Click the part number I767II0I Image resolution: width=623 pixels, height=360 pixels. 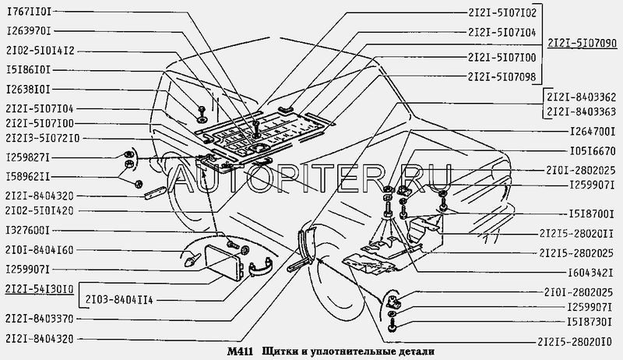pos(29,12)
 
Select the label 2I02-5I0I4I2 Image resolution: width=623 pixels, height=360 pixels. pos(40,51)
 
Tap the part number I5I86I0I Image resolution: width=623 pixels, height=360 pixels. pos(29,70)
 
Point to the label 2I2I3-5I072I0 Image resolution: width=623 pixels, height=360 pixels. pos(43,138)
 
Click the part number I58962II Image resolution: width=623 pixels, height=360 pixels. pos(28,176)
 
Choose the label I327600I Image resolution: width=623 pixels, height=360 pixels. pos(28,231)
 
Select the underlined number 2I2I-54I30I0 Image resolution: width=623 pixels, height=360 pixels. pos(40,289)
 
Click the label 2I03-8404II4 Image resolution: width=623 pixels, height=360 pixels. pos(119,300)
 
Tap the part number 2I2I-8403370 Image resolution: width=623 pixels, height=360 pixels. pos(40,319)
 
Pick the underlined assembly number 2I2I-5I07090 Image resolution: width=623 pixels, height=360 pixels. pos(582,44)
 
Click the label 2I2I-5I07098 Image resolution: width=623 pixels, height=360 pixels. pos(502,76)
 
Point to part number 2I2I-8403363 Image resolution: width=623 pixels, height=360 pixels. pos(581,112)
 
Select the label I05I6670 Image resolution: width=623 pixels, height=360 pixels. pos(593,151)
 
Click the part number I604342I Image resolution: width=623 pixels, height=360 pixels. pos(590,273)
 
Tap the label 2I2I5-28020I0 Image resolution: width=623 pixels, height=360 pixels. pos(575,342)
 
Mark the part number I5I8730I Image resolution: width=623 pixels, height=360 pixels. pos(590,323)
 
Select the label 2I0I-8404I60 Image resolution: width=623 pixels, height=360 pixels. pos(40,250)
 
